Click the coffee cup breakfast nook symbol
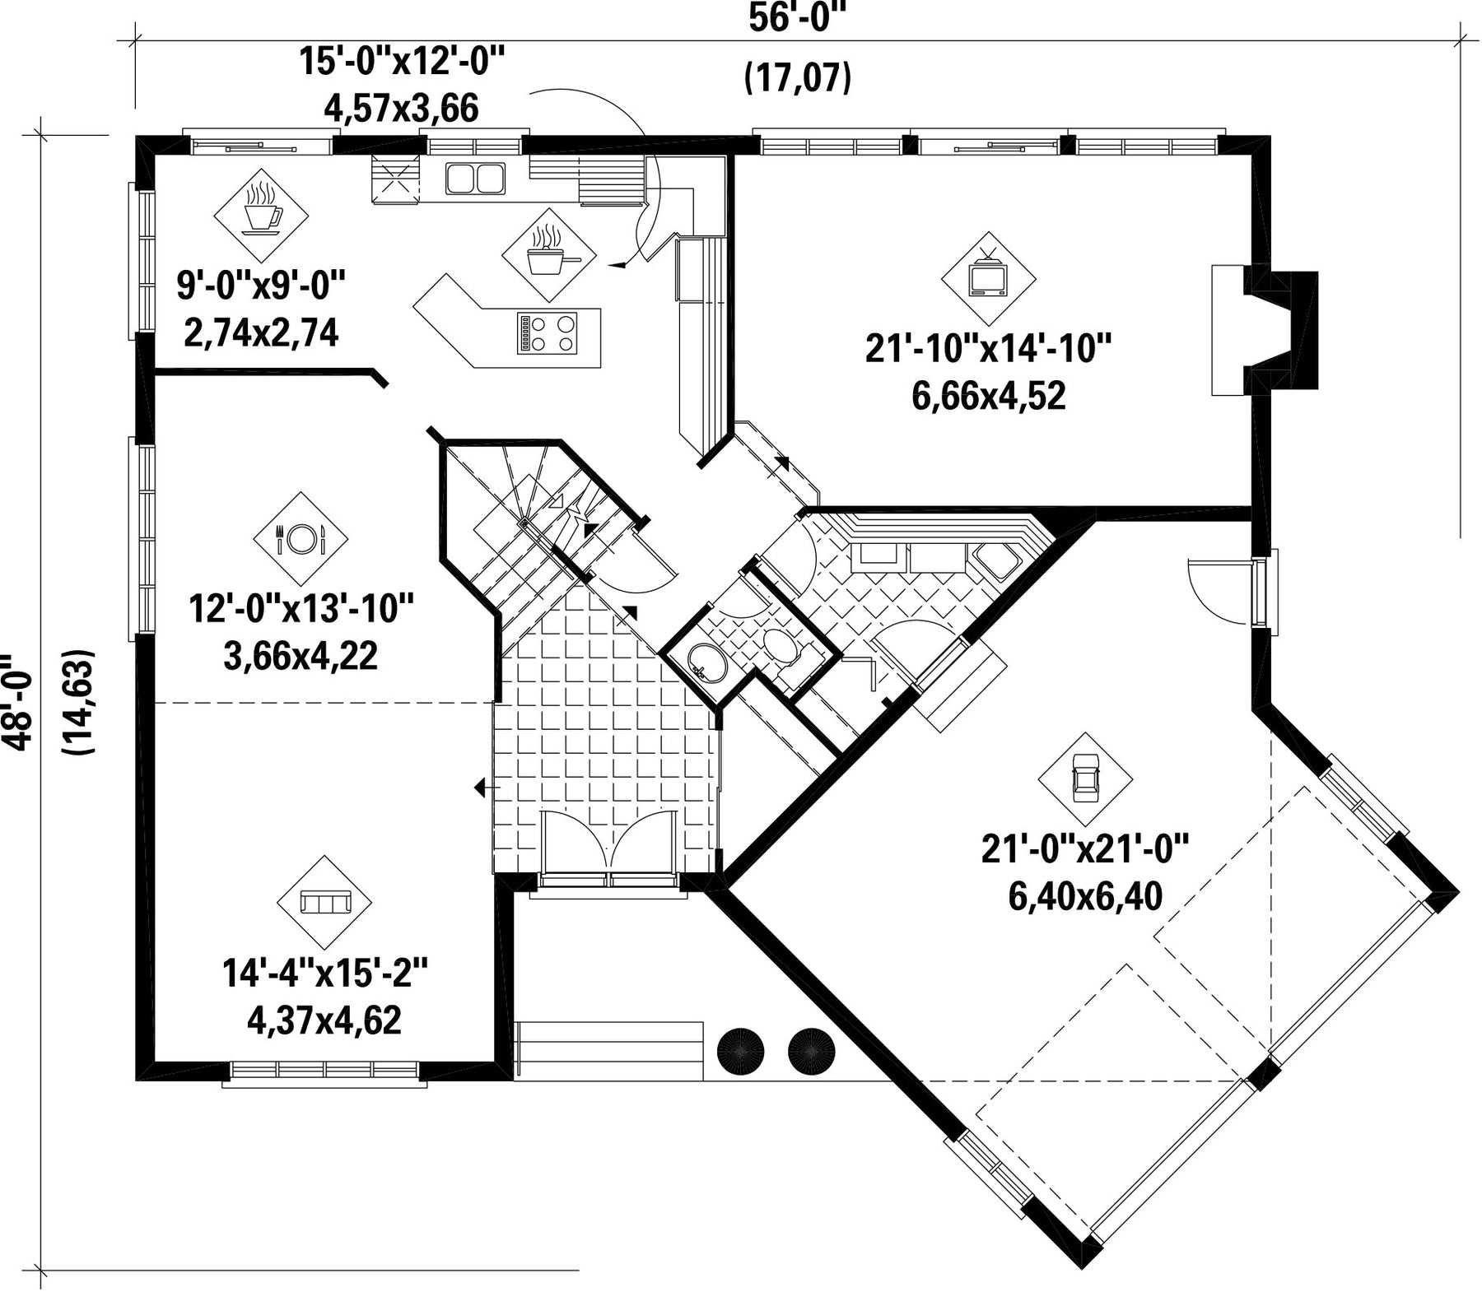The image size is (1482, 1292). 261,215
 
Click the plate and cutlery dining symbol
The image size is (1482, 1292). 300,540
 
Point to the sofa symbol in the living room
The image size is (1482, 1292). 325,903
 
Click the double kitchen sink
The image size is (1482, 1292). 475,179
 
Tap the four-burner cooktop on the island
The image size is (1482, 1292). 547,334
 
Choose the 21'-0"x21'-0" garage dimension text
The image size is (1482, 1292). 1085,849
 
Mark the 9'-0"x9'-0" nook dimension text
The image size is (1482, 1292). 260,286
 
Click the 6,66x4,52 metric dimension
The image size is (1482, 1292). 988,397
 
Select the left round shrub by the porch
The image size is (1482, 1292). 742,1050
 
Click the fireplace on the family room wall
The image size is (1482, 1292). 1264,329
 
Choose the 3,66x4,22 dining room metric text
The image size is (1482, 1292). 301,656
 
